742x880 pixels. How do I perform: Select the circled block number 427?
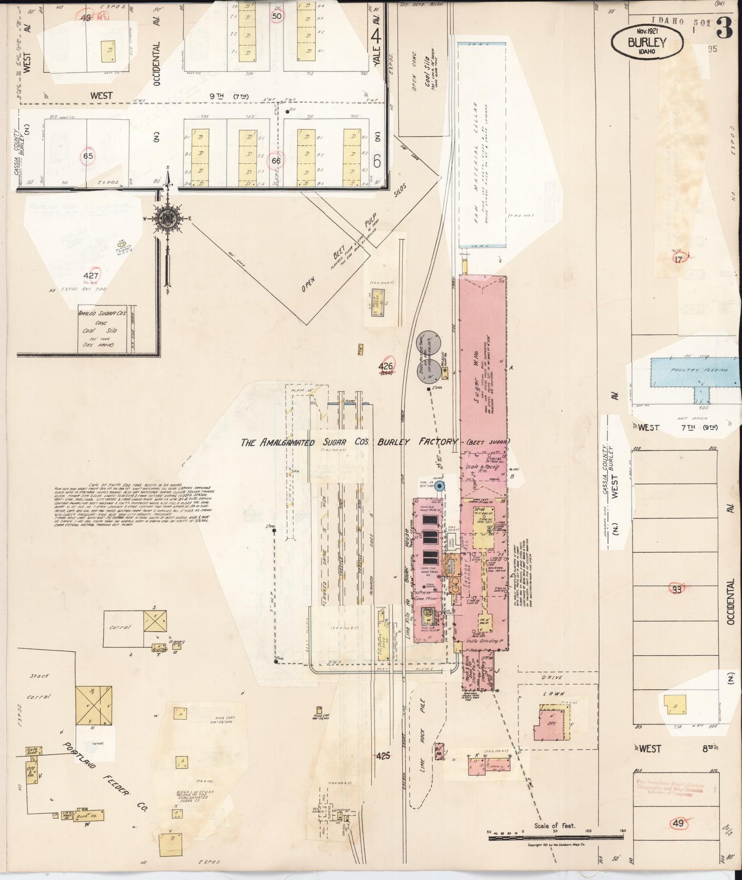point(93,276)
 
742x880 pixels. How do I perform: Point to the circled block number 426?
point(386,367)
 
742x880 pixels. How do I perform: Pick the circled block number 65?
point(89,157)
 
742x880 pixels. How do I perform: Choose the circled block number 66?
point(276,161)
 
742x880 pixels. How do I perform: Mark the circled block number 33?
point(677,589)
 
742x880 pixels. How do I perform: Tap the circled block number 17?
point(678,259)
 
